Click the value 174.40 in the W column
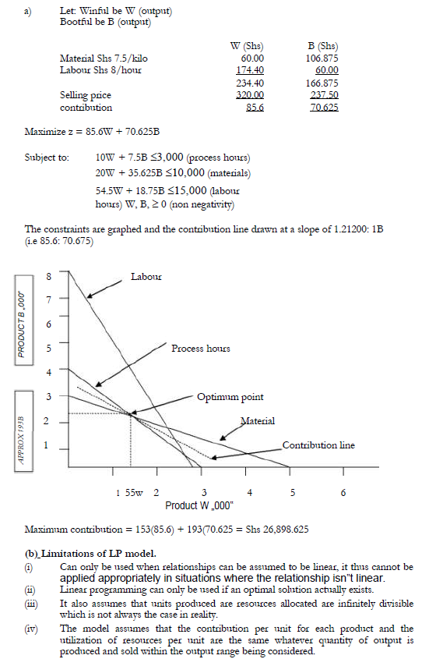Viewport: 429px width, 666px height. click(x=251, y=69)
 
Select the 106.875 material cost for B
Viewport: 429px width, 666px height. click(x=322, y=58)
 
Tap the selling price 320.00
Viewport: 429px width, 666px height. click(x=251, y=94)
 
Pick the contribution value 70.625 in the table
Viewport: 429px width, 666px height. click(x=322, y=107)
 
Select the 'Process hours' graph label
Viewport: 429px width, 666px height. click(x=201, y=348)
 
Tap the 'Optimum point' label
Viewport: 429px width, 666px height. click(x=230, y=397)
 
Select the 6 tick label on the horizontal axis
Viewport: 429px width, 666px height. click(x=343, y=493)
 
